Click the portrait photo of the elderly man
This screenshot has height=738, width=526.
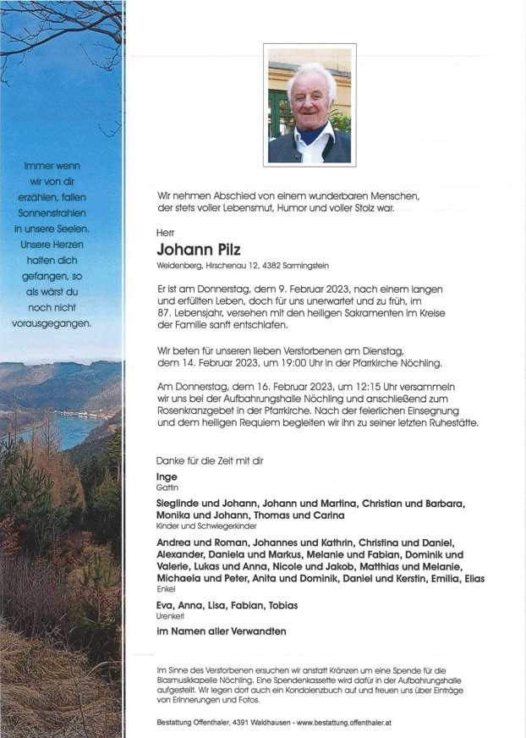pos(309,105)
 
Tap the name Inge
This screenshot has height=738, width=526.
pos(167,477)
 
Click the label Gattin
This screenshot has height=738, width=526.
pos(167,489)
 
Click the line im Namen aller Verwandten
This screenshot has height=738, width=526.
pos(221,631)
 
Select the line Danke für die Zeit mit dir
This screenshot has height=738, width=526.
pos(210,460)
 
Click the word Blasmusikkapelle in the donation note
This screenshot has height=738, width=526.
pos(193,681)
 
